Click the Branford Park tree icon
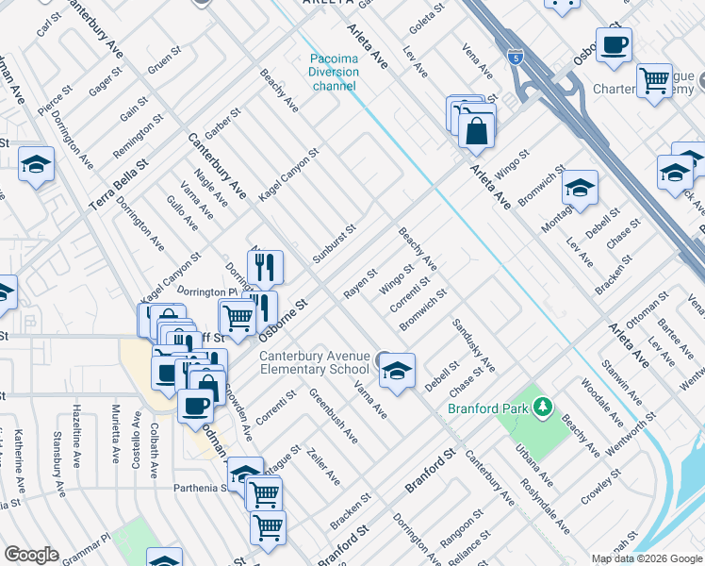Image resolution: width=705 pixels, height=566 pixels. pyautogui.click(x=542, y=408)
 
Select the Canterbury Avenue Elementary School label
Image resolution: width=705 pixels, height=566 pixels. pyautogui.click(x=314, y=362)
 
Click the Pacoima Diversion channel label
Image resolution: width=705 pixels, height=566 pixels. pyautogui.click(x=334, y=72)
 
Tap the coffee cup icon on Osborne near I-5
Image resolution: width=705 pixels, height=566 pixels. pyautogui.click(x=614, y=45)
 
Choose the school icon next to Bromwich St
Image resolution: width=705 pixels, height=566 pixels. pyautogui.click(x=580, y=187)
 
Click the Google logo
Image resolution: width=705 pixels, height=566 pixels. pyautogui.click(x=30, y=555)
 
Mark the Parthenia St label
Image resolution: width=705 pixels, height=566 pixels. pyautogui.click(x=199, y=488)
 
